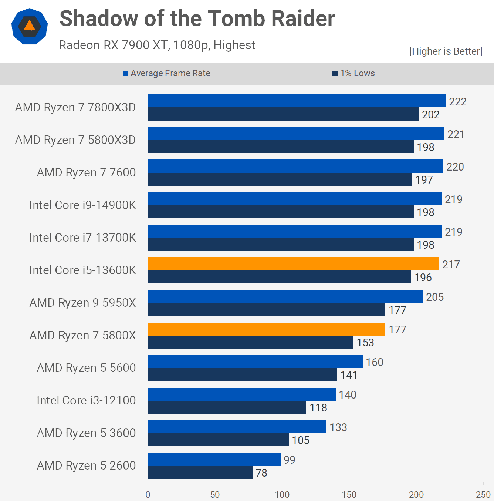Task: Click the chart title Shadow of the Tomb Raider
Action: [197, 19]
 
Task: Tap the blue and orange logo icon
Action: [30, 26]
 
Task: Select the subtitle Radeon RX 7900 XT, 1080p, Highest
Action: [157, 45]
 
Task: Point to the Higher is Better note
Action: [446, 51]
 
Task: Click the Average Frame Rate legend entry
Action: [167, 73]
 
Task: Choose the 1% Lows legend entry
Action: [354, 73]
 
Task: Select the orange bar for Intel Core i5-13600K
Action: [294, 264]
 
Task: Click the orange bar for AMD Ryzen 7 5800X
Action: [267, 329]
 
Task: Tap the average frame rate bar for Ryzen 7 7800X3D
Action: [297, 101]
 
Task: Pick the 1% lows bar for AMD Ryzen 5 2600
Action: [200, 472]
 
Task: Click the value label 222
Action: [458, 102]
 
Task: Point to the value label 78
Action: [261, 473]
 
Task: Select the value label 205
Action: [435, 297]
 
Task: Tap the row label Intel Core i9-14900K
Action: [82, 205]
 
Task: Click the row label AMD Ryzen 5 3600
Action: [86, 433]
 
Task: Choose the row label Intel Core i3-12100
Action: [86, 400]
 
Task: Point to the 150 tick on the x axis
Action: [349, 494]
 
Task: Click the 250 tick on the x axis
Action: [483, 494]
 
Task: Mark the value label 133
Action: [338, 427]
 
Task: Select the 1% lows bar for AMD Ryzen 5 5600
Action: [243, 374]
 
